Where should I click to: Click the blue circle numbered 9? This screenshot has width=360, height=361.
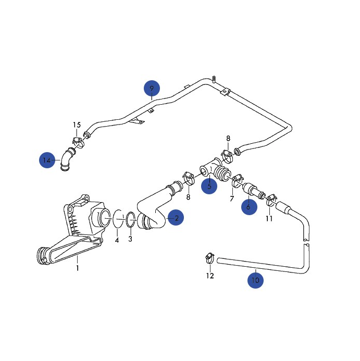[152, 88]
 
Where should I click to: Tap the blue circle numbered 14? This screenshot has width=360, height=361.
[47, 160]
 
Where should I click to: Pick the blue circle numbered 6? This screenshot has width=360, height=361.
[249, 207]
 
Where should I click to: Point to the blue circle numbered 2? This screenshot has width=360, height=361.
[176, 218]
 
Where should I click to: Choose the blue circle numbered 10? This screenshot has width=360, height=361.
[255, 280]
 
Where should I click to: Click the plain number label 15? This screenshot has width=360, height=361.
[77, 125]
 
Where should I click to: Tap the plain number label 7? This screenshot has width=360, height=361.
[232, 199]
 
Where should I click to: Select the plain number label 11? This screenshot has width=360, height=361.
[269, 218]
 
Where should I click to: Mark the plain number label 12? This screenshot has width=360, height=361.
[209, 276]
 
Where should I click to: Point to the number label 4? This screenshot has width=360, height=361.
[117, 240]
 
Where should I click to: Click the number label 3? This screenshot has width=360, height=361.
[130, 239]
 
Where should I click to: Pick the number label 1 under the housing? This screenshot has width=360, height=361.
[77, 268]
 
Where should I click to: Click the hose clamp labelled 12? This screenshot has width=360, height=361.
[209, 256]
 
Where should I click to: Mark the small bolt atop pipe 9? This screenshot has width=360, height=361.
[214, 79]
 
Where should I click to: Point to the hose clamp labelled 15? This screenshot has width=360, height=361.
[78, 141]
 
